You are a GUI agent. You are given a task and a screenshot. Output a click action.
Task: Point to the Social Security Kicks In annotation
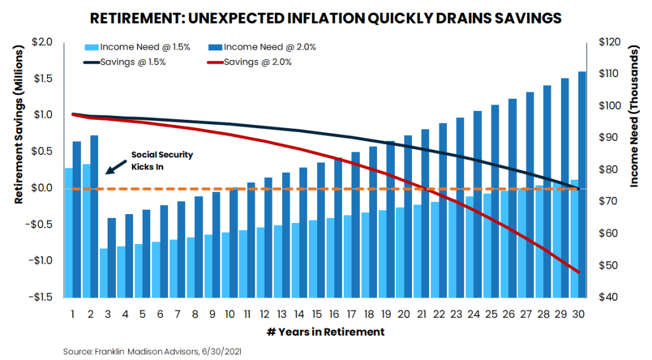click(x=162, y=160)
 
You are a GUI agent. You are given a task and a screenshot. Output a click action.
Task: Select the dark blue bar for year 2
click(x=94, y=216)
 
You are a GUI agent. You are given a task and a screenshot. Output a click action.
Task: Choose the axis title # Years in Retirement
click(x=325, y=332)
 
